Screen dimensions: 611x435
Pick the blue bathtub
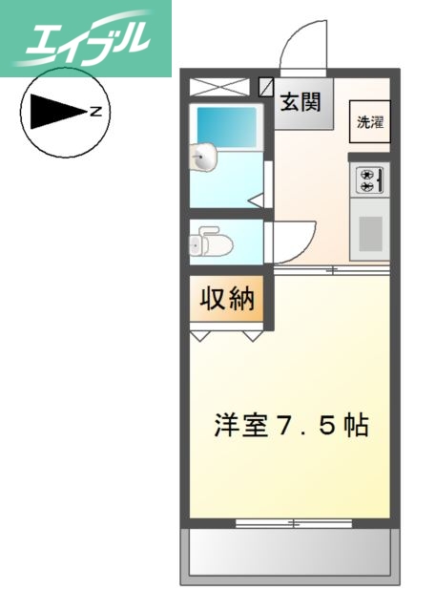point(227,125)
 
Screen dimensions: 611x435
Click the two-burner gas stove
point(368,179)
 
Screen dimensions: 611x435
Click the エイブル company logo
point(86,38)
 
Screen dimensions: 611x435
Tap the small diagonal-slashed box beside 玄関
point(266,86)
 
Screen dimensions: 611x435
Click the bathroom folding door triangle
point(257,200)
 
